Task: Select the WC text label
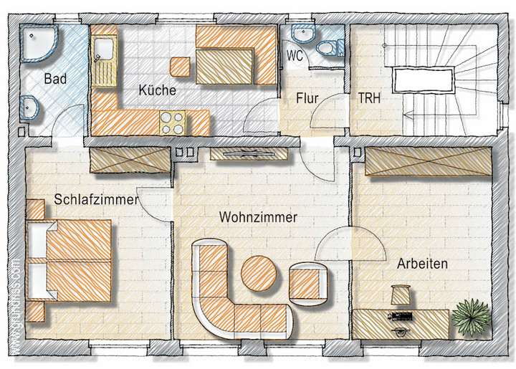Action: (295, 55)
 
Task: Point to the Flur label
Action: (307, 99)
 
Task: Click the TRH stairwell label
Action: (369, 99)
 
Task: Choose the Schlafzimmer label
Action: (95, 201)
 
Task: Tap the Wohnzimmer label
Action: (259, 216)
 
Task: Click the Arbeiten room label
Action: (423, 264)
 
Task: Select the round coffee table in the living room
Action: (259, 272)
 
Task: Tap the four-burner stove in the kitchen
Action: (173, 123)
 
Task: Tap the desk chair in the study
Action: (400, 294)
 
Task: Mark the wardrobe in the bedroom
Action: (130, 162)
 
